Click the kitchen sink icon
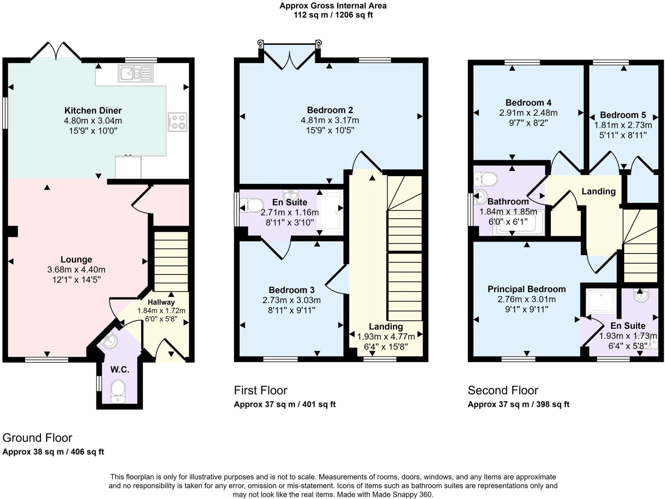click(x=136, y=73)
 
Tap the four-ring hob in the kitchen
click(x=178, y=122)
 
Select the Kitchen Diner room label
click(x=93, y=110)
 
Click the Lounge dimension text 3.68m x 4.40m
click(x=76, y=270)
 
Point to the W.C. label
click(x=120, y=369)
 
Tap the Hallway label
click(x=161, y=302)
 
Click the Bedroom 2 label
click(x=330, y=110)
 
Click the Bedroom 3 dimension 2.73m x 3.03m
click(x=292, y=300)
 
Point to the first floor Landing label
click(x=386, y=326)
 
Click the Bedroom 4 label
click(x=528, y=103)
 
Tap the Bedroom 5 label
click(x=623, y=115)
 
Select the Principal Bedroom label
click(x=527, y=289)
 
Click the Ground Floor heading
click(x=37, y=438)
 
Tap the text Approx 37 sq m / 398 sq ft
click(x=518, y=404)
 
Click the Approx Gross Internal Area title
click(x=333, y=6)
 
